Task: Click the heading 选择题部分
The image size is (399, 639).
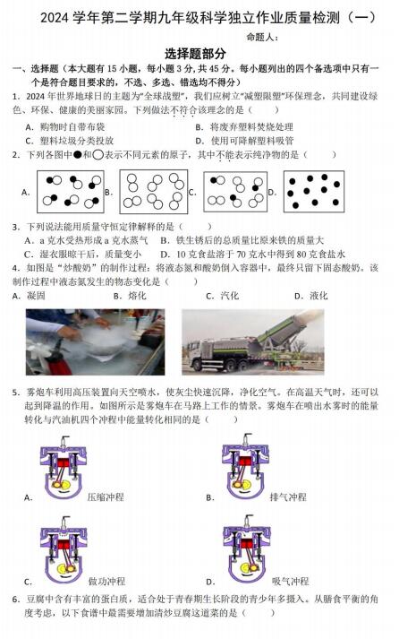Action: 195,54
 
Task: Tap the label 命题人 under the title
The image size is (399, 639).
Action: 260,37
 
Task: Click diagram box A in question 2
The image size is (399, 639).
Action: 71,192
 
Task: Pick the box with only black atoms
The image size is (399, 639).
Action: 314,192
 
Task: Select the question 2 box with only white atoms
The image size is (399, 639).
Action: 153,192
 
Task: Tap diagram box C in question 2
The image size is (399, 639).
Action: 235,192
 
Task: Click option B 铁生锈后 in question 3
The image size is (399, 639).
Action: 242,240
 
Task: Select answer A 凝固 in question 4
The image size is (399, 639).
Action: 29,296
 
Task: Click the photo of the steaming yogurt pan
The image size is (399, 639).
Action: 95,342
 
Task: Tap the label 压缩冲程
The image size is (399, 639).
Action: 106,497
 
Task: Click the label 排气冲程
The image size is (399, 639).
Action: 288,497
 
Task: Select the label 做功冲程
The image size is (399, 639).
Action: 107,581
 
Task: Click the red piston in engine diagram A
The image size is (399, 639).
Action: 64,462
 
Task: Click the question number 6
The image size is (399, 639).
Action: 16,599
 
